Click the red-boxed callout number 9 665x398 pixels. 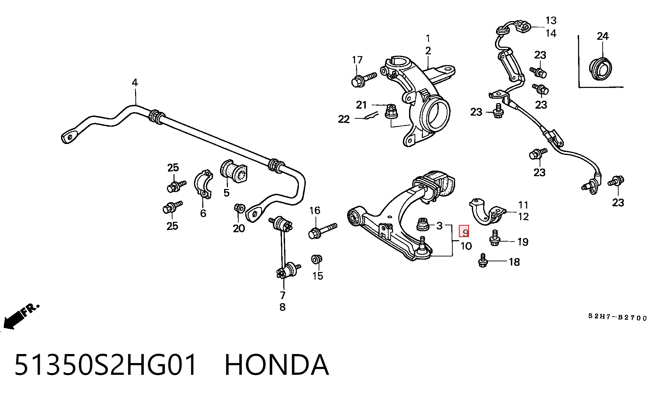click(464, 232)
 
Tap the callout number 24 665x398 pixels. click(603, 36)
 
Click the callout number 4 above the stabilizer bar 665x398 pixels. click(135, 83)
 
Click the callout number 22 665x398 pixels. click(344, 119)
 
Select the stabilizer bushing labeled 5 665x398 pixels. click(234, 172)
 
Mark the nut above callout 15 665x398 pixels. click(316, 260)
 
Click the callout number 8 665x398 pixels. click(282, 307)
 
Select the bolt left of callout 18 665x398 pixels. click(483, 260)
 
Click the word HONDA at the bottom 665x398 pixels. click(276, 365)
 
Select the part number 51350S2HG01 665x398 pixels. click(106, 365)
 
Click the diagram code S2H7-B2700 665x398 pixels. click(618, 317)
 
